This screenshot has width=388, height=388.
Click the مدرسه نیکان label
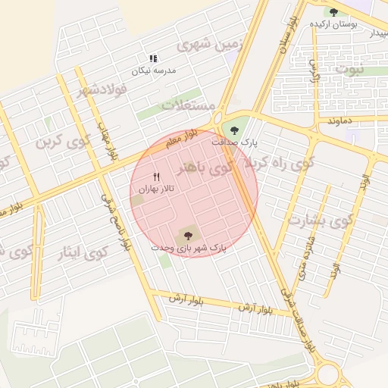[154, 70]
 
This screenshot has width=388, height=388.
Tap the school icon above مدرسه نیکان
[153, 58]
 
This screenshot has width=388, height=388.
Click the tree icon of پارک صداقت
[235, 129]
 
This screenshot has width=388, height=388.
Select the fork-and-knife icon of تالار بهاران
[157, 177]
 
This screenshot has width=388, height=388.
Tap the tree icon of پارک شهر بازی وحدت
[188, 236]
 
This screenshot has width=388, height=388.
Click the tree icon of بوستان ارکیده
[333, 11]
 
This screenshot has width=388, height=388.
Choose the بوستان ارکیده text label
[333, 24]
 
